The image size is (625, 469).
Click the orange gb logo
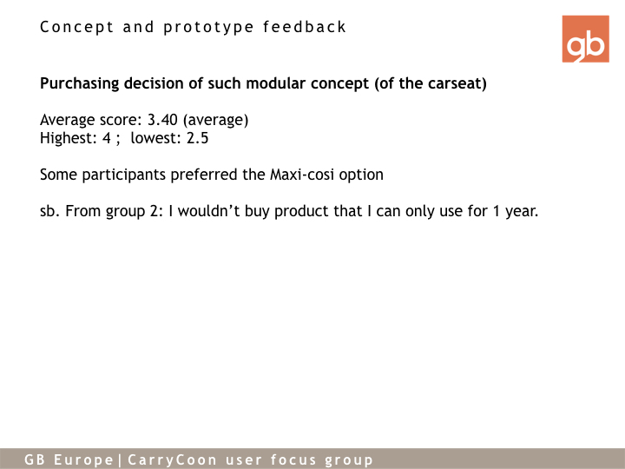tap(585, 39)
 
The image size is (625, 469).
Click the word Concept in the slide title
tap(77, 27)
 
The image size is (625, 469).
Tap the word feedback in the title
tap(304, 27)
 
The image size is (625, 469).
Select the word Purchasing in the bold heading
tap(80, 83)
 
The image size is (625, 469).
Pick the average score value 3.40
tap(162, 120)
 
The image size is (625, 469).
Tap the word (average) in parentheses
tap(215, 120)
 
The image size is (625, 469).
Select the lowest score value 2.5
tap(197, 138)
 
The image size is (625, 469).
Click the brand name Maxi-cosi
tap(302, 175)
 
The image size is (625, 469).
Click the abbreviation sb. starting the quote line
tap(50, 211)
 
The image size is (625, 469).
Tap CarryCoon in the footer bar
tap(172, 459)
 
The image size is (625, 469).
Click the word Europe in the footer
tap(83, 459)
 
